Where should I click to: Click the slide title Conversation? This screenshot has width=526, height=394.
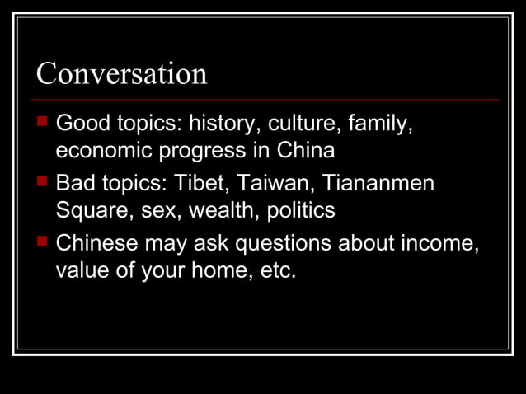tap(121, 74)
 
